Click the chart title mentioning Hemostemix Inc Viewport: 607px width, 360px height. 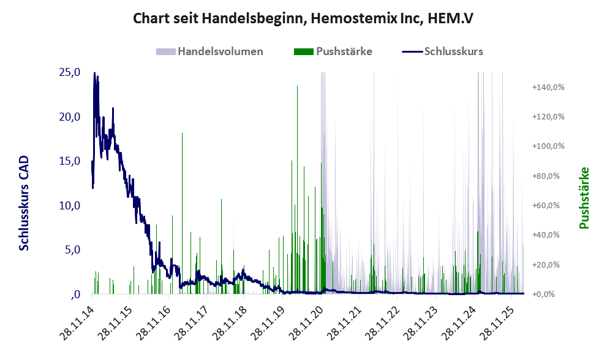[303, 18]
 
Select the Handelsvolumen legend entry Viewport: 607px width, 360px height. [209, 51]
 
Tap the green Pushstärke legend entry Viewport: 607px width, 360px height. [333, 51]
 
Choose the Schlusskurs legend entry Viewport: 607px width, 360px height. [442, 51]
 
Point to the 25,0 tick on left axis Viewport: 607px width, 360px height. [70, 72]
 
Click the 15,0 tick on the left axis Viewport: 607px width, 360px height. [70, 160]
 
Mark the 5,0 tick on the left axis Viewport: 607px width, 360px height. [72, 250]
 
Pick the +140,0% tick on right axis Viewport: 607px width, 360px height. [548, 87]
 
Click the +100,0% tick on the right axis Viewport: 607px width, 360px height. [548, 146]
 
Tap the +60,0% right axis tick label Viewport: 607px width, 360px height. [546, 206]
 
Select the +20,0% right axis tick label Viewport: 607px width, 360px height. [546, 264]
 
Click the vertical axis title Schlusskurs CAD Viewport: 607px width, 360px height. [24, 203]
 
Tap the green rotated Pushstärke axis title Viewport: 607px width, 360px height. [584, 198]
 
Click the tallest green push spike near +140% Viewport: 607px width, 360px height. [297, 190]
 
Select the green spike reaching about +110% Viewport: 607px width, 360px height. [182, 213]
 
